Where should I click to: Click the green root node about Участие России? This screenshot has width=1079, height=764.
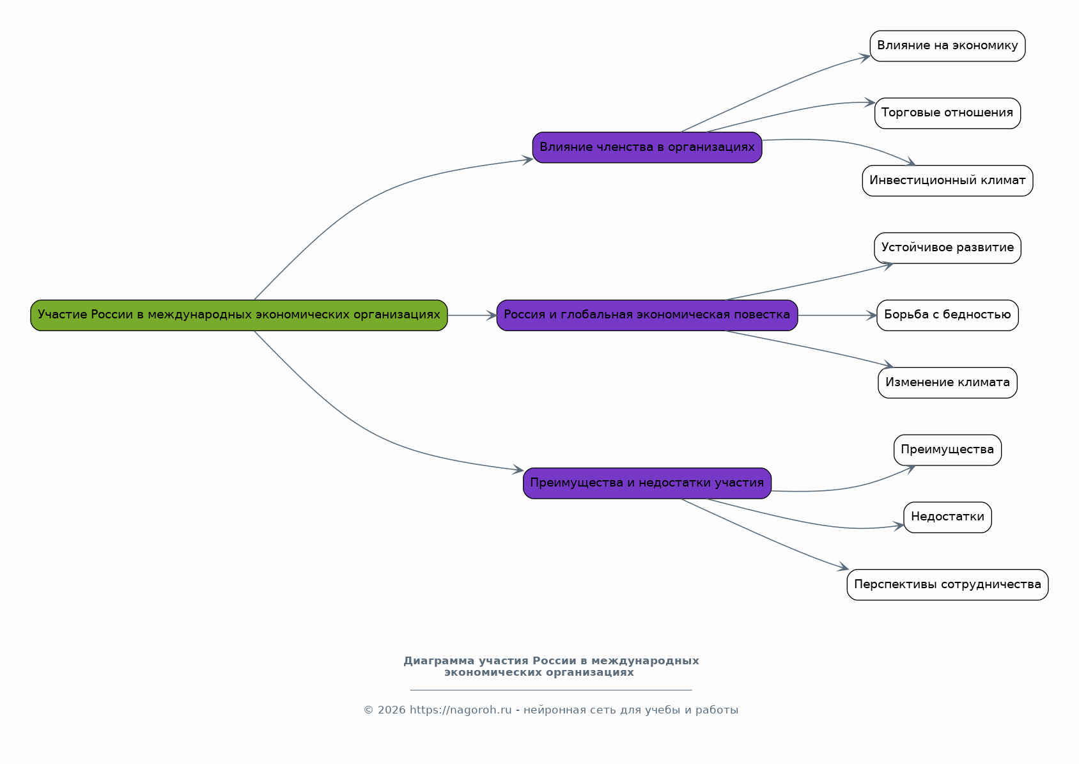coord(238,315)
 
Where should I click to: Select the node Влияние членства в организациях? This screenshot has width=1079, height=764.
coord(647,148)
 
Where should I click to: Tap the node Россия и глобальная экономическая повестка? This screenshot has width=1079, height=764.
coord(647,315)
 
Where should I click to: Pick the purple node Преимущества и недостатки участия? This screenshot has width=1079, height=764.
coord(647,483)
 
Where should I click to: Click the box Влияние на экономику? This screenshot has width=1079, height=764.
coord(947,46)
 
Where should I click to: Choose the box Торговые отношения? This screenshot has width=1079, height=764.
coord(947,113)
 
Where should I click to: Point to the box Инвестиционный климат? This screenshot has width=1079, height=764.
coord(947,181)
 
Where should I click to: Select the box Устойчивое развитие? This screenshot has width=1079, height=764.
coord(947,248)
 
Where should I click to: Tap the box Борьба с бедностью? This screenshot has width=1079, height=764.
coord(947,315)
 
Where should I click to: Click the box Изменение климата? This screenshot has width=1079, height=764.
coord(947,383)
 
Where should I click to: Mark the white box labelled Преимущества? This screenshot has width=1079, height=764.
coord(947,450)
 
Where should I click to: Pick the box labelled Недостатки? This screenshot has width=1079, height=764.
coord(947,517)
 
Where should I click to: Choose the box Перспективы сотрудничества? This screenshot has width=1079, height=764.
coord(947,585)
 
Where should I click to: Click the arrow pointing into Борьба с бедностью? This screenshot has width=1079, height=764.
coord(871,315)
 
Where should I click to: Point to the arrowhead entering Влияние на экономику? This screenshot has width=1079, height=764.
coord(865,57)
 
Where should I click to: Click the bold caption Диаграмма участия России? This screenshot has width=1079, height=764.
coord(550,666)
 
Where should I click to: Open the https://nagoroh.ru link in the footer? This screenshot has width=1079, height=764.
coord(460,710)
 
